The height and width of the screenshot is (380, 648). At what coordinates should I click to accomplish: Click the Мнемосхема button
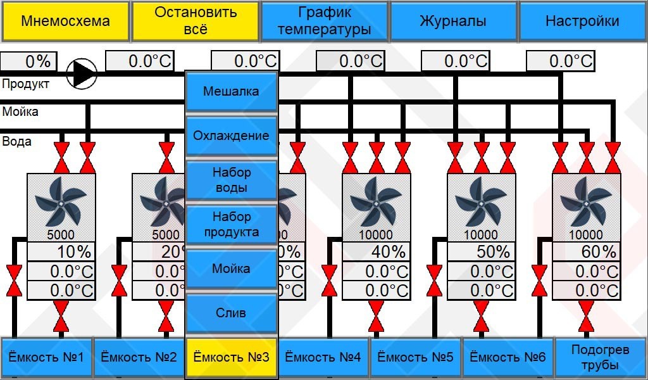coord(65,21)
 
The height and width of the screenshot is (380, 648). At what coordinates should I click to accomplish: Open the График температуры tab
coord(324,21)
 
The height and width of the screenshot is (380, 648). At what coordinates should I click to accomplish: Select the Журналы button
coord(453,21)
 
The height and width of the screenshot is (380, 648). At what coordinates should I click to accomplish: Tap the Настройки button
coord(582,21)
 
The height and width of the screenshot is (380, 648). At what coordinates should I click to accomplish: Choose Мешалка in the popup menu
coord(231,91)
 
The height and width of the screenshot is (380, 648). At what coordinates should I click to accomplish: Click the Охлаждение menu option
coord(231,136)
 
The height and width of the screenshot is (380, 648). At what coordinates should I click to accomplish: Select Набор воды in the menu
coord(231,180)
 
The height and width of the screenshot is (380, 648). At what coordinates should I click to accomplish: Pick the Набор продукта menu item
coord(231,224)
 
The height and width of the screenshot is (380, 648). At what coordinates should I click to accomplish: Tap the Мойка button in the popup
coord(231,269)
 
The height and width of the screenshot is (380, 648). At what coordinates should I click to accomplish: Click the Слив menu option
coord(231,313)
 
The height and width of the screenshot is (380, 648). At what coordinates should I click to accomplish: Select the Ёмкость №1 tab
coord(47,357)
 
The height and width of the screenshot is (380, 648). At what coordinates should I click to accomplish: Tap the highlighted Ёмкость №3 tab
coord(231,357)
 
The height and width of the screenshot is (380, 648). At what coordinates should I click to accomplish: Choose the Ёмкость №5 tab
coord(416,357)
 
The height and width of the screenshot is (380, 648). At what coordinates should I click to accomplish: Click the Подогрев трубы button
coord(600,357)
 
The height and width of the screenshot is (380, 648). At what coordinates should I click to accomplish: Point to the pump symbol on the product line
coord(82,73)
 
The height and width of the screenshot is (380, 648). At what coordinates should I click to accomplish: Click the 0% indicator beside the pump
coord(29,61)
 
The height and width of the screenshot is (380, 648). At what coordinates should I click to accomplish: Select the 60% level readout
coord(587,251)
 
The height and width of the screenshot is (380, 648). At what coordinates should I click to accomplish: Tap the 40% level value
coord(377,251)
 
